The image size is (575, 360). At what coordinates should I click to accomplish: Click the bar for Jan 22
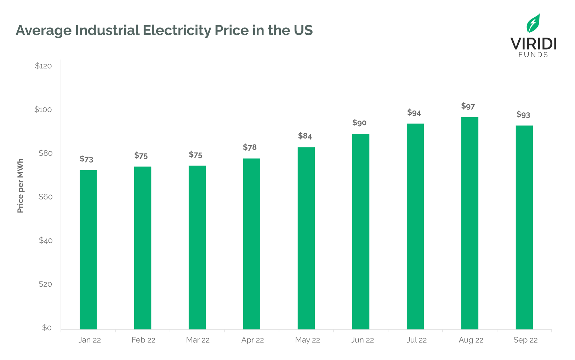click(x=88, y=250)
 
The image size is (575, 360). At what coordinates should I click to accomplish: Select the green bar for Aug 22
click(x=469, y=223)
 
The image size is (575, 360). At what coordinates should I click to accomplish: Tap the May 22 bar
click(x=306, y=238)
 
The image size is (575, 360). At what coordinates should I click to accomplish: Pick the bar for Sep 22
click(x=524, y=227)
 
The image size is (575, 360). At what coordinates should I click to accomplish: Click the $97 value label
click(x=468, y=106)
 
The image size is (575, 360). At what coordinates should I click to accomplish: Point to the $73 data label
click(x=86, y=159)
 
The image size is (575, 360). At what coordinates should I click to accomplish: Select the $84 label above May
click(x=305, y=136)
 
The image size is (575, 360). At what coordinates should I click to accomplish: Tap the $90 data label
click(x=359, y=123)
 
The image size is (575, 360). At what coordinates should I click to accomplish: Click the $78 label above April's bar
click(x=250, y=147)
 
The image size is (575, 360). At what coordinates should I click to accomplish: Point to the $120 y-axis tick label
click(x=43, y=66)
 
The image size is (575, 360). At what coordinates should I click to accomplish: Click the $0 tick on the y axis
click(x=47, y=328)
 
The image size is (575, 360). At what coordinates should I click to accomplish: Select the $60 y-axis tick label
click(x=45, y=197)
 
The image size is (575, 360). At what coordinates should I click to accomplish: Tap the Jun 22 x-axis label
click(x=362, y=340)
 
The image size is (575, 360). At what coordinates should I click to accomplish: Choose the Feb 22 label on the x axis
click(x=143, y=340)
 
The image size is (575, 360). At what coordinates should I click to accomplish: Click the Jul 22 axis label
click(x=416, y=340)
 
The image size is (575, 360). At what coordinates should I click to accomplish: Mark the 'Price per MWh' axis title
click(x=20, y=186)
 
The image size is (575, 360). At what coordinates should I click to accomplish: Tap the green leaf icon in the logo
click(x=533, y=23)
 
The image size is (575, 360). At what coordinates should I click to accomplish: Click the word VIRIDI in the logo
click(x=533, y=44)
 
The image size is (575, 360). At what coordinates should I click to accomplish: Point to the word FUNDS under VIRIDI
click(x=533, y=55)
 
